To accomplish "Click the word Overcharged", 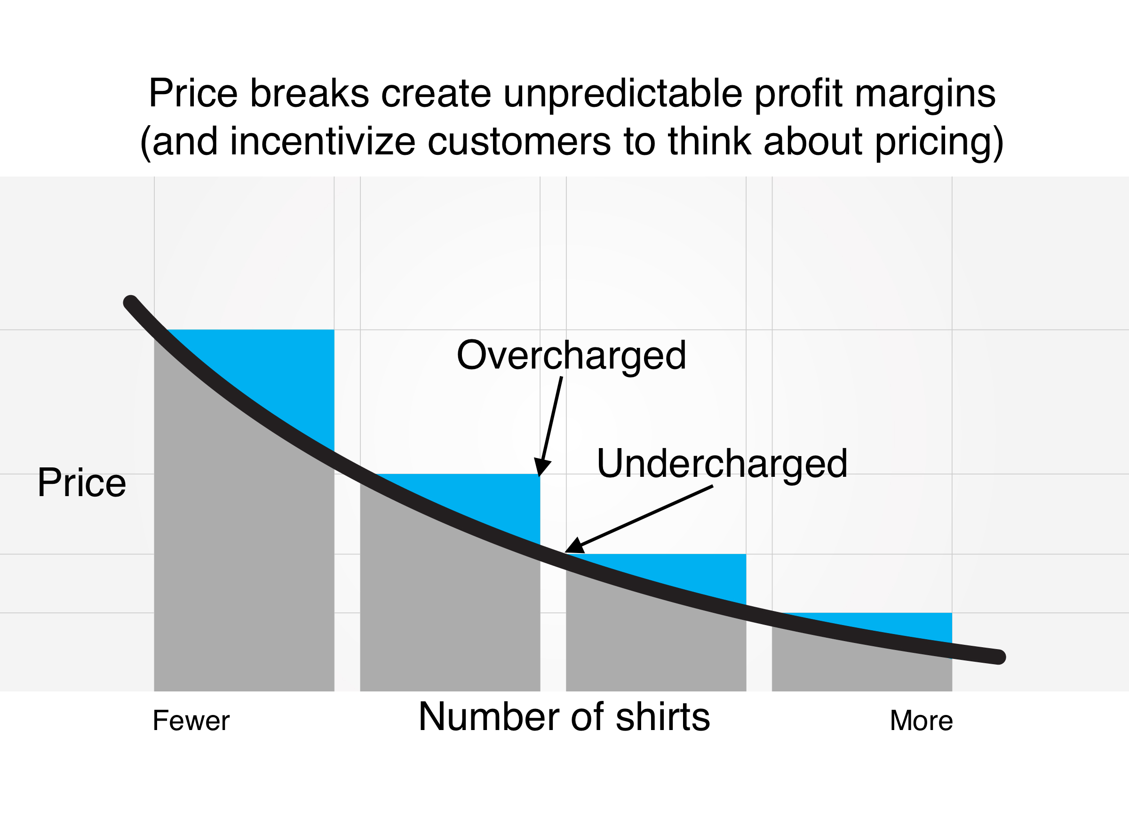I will [571, 355].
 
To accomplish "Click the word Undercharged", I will [721, 464].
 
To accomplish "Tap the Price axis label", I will [81, 482].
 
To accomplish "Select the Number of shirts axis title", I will [564, 717].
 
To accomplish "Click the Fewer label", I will [191, 721].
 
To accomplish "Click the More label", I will [921, 721].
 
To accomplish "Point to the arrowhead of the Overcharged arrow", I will [541, 468].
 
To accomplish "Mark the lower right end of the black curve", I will [998, 656].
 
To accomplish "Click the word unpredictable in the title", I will [623, 93].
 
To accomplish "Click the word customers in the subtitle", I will [519, 141].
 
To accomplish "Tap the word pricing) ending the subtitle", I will [939, 142].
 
